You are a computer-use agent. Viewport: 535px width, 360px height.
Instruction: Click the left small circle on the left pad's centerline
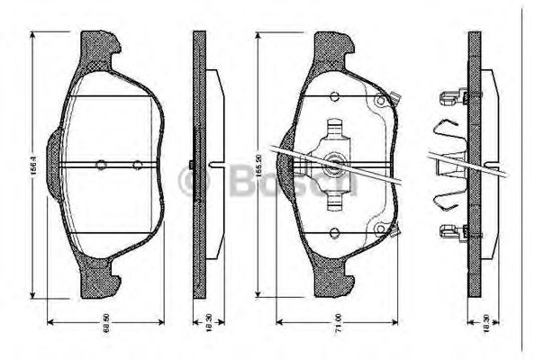coord(102,165)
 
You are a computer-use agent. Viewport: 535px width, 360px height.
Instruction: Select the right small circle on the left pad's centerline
coord(137,165)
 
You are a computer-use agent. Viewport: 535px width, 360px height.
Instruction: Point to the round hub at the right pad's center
coord(334,163)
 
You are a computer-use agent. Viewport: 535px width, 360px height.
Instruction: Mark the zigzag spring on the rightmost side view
coord(450,163)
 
